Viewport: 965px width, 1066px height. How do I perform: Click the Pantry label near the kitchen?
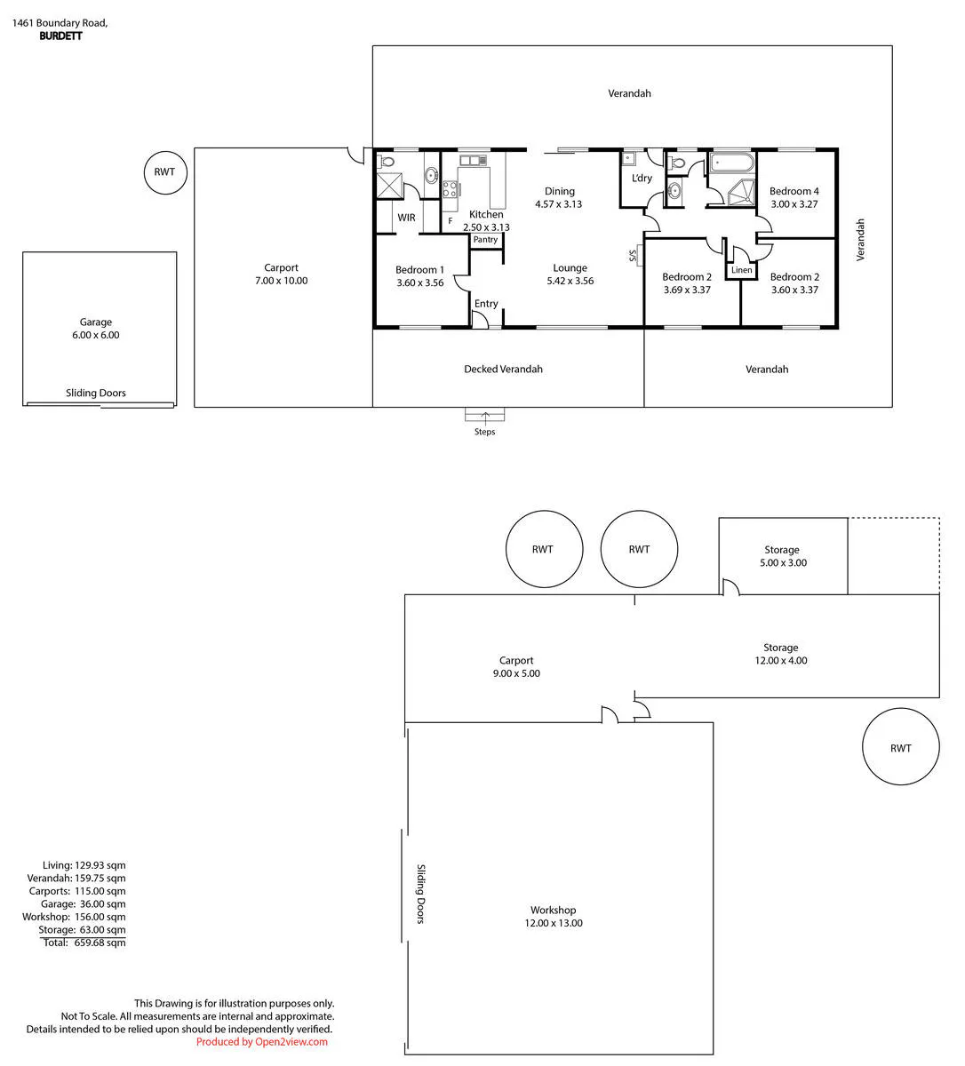pos(485,240)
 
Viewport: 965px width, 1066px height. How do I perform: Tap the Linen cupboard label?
pos(742,270)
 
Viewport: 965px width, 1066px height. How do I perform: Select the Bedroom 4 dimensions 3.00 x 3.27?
pos(794,204)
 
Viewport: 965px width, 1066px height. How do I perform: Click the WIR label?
pos(407,218)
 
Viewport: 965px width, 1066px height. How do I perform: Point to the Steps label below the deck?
pos(485,432)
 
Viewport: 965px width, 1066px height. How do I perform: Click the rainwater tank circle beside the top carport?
pos(165,172)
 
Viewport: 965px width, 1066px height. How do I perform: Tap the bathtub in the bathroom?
pos(732,163)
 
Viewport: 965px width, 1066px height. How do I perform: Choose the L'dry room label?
pos(642,178)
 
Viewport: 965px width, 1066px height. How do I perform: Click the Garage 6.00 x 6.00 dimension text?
pos(96,335)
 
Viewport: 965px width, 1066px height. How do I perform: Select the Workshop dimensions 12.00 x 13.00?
pos(554,923)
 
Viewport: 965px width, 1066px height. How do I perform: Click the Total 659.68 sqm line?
pos(84,943)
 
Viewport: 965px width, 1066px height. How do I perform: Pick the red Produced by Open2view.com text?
pos(262,1041)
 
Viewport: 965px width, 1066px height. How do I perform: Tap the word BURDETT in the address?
pos(61,36)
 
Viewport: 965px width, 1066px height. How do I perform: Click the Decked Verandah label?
pos(504,370)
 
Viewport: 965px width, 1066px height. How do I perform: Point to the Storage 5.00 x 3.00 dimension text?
pos(783,562)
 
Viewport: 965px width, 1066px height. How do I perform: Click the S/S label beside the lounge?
pos(633,256)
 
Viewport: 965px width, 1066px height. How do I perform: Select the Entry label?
pos(486,304)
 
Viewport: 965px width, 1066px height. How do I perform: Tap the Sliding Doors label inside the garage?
pos(96,394)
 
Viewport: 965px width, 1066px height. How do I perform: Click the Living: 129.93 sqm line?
pos(84,865)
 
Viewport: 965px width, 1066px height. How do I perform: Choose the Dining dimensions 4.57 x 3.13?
pos(558,204)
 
